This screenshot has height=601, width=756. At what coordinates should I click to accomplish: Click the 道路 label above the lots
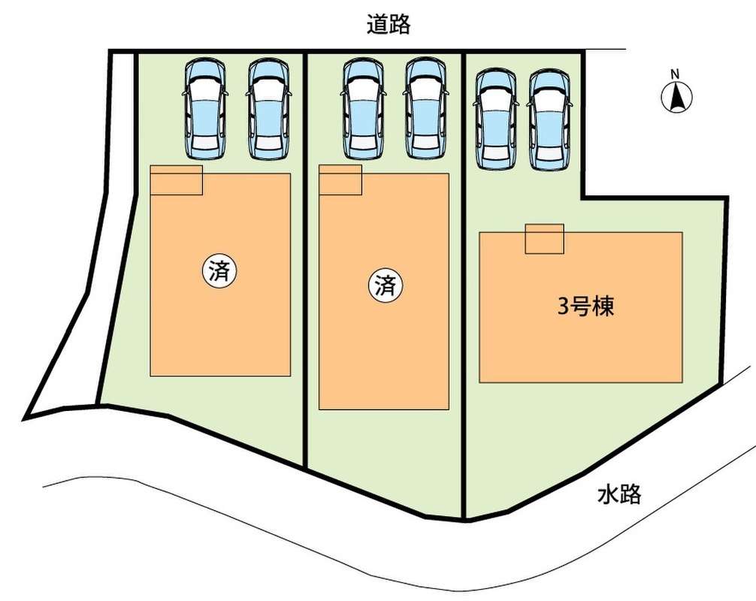(389, 23)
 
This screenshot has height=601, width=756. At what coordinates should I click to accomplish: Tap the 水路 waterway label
(619, 494)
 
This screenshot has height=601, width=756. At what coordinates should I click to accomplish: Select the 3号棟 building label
(586, 307)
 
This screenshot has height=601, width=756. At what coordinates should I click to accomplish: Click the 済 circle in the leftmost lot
(219, 271)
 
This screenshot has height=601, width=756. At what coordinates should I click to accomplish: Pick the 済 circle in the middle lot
(386, 285)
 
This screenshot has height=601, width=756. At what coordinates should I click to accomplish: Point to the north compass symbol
(676, 97)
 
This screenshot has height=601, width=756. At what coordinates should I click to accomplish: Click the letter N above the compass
(676, 74)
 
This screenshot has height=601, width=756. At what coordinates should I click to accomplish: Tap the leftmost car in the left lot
(205, 110)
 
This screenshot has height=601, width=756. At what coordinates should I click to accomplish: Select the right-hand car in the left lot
(268, 110)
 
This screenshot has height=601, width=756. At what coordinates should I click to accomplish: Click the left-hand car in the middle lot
(363, 110)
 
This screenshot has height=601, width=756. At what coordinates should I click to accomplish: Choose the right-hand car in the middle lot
(425, 110)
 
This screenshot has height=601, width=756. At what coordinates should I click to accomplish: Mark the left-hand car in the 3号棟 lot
(496, 120)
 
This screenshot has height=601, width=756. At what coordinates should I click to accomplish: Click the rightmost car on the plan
(549, 120)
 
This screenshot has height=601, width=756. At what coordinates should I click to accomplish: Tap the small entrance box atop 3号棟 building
(544, 239)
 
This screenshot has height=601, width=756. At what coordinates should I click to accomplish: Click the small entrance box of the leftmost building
(176, 180)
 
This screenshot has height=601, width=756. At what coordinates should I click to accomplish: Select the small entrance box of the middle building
(340, 180)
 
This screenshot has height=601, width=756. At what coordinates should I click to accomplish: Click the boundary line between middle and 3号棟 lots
(464, 285)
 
